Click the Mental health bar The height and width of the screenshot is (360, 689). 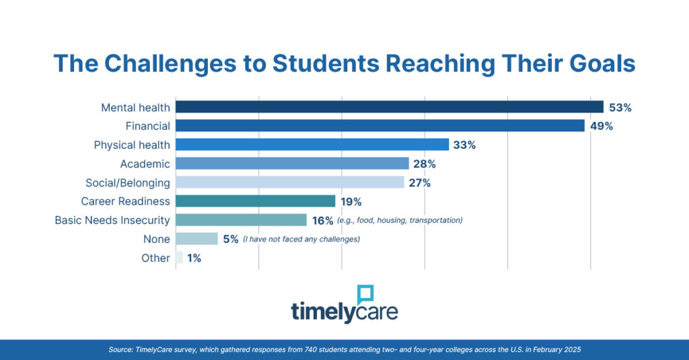point(389,107)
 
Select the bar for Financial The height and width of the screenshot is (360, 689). point(379,126)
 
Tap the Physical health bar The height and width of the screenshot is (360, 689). point(312,145)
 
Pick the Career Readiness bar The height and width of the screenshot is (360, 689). point(255,201)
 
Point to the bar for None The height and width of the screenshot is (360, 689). point(196,239)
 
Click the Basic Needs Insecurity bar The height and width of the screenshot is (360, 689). point(241,220)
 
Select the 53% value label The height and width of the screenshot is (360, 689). point(620,107)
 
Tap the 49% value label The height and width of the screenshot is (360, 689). point(602,126)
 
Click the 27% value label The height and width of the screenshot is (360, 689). point(419,182)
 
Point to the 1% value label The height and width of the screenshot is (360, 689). point(194,258)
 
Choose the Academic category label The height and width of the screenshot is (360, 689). point(145,164)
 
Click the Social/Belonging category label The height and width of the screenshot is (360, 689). point(128,182)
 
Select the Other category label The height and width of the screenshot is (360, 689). point(155,258)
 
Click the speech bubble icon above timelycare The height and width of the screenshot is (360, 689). point(365,295)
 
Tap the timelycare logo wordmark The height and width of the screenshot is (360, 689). point(344,312)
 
